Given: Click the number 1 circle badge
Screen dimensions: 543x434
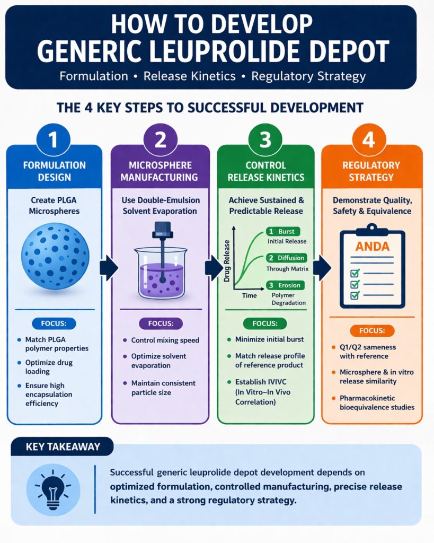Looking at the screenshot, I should tap(54, 140).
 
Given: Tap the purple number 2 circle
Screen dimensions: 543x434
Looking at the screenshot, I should tap(160, 140).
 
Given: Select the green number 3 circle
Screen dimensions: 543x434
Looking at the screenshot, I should tap(265, 140).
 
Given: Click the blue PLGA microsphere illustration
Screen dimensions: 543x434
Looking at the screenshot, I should tap(55, 256).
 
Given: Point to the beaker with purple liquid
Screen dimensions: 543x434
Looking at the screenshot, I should tap(161, 270).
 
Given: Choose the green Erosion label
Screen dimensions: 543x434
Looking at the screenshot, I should tap(284, 285).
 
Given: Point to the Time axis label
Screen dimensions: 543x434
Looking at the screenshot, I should tap(249, 296).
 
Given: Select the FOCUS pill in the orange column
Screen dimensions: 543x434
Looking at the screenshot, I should tap(371, 331).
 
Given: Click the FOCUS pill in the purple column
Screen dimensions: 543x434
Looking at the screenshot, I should tap(160, 323).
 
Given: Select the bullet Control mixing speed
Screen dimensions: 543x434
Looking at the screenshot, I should tap(161, 340).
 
